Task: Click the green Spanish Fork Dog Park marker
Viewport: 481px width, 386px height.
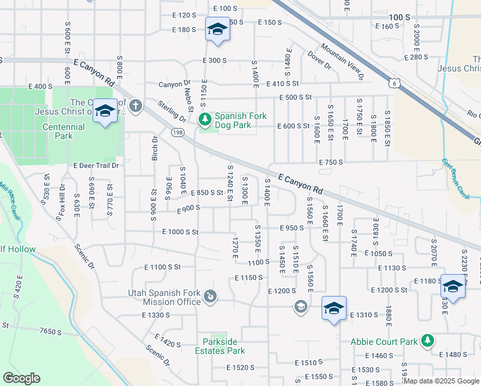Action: click(205, 119)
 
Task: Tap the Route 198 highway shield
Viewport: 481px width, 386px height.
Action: click(176, 132)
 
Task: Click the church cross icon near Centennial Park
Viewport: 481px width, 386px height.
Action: click(135, 106)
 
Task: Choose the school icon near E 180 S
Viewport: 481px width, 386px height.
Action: click(217, 30)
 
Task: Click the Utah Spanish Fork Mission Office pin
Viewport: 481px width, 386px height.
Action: click(210, 297)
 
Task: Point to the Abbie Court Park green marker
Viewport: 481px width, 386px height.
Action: click(427, 342)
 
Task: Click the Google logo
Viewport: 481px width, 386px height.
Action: click(21, 378)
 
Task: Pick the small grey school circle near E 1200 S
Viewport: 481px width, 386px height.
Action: click(300, 307)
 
